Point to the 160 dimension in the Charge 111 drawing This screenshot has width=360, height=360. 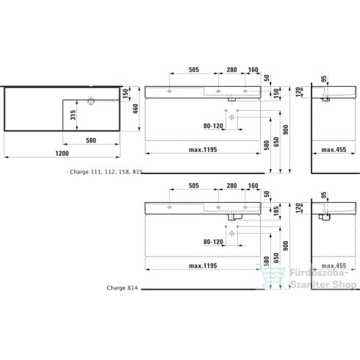coord(253,71)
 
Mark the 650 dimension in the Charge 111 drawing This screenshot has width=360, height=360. coord(276,140)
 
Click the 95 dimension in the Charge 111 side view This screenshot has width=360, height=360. coord(323,79)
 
